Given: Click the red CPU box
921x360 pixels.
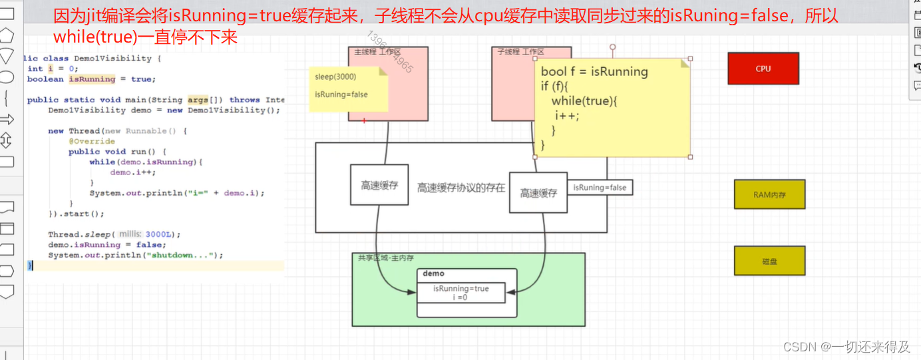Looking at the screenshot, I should coord(763,69).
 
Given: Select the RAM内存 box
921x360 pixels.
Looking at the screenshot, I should coord(769,194).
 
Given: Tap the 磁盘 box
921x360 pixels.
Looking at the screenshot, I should coord(769,262).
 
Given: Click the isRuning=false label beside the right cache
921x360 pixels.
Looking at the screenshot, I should coord(600,188).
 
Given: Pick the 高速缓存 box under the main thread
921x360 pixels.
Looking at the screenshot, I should coord(379,186).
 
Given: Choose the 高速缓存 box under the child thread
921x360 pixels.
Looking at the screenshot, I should coord(538,193).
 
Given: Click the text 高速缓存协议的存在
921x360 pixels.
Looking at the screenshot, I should coord(460,188).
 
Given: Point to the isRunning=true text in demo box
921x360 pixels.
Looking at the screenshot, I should coord(460,289).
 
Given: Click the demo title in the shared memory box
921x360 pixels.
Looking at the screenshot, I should coord(433,273).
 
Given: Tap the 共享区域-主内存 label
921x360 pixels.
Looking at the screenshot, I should coord(386,258).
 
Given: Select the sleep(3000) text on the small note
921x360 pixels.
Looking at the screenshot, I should coord(335,77).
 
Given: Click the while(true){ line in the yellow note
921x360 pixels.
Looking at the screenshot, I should coord(585,100).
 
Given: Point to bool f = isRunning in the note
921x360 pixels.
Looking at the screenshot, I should coord(594,72).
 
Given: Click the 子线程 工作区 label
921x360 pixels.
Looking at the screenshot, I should coord(521,51).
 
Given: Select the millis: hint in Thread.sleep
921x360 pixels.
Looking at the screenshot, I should coord(130,234).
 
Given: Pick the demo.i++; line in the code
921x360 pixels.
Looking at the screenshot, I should coord(133,172).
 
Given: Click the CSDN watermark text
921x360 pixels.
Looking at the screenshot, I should coord(846,347).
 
